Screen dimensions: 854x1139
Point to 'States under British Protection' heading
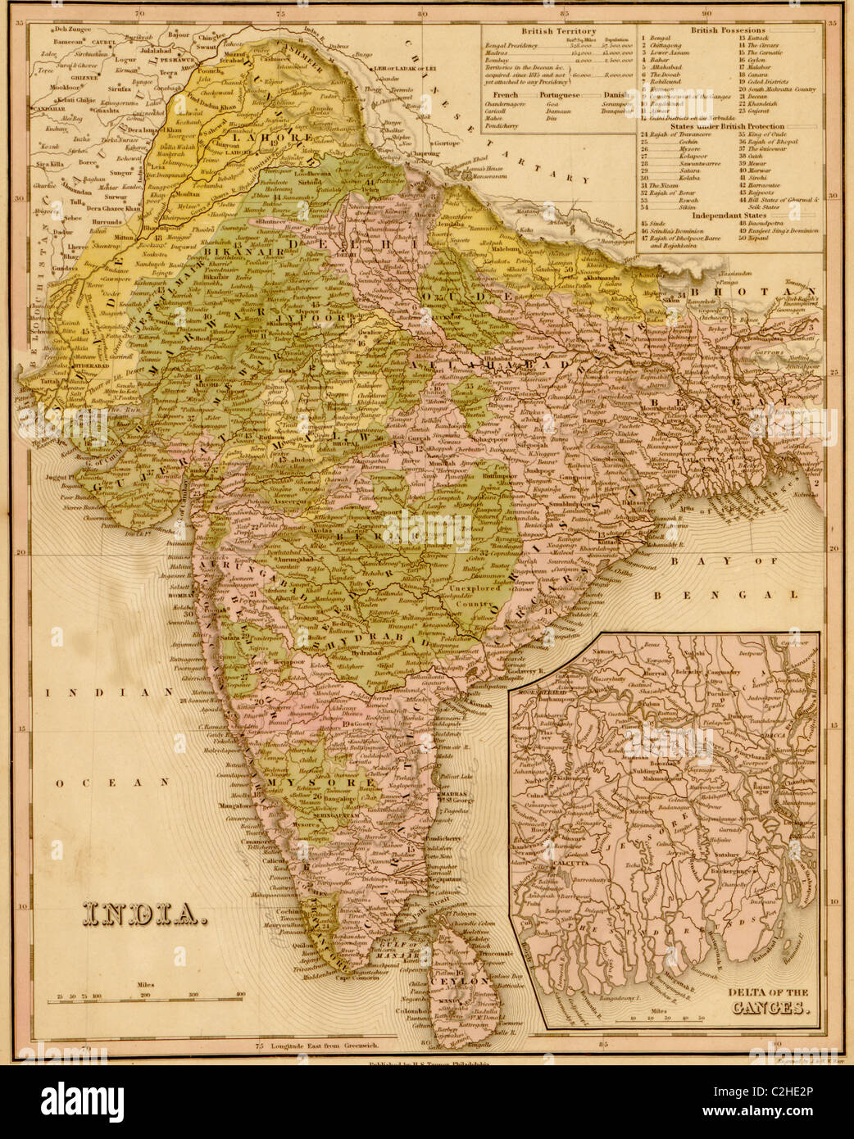[x=727, y=127]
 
